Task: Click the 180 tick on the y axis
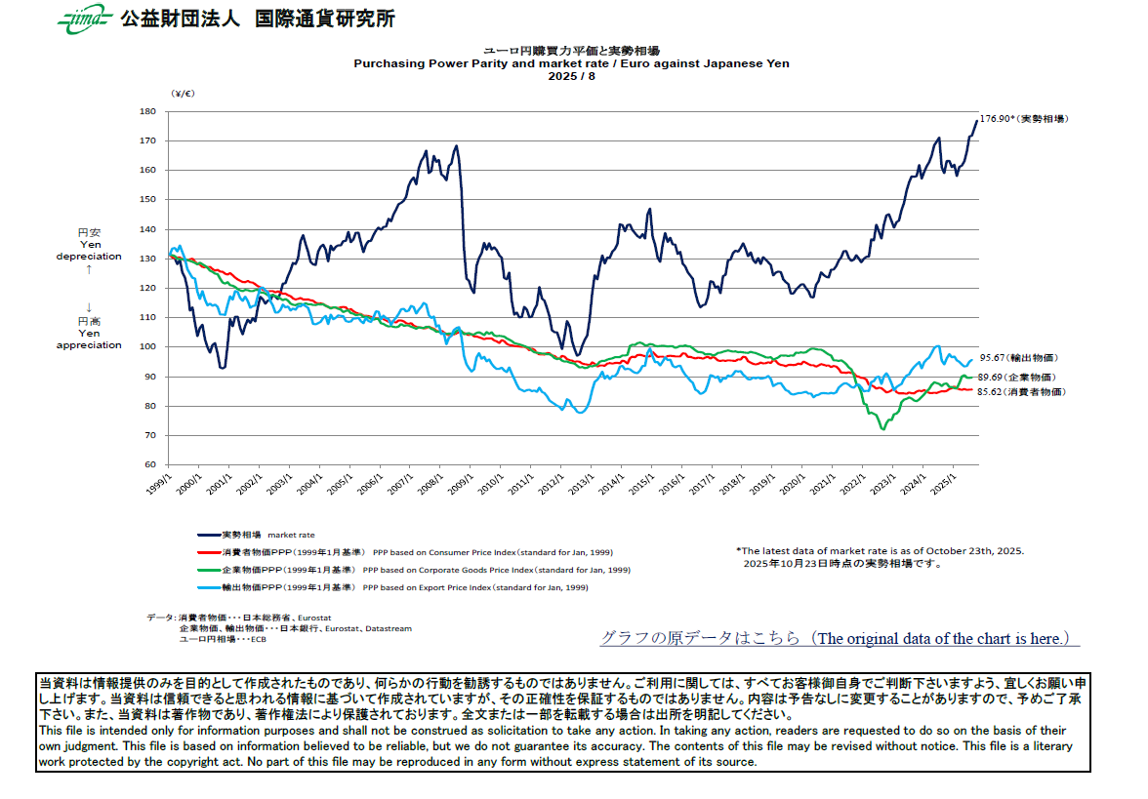pos(148,111)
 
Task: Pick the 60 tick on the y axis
pos(150,465)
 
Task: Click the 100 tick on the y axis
pos(148,347)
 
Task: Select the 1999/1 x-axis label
pos(158,483)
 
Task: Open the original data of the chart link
pos(840,638)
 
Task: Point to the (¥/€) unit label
pos(183,94)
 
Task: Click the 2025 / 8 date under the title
pos(571,76)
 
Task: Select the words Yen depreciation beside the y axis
pos(89,251)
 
